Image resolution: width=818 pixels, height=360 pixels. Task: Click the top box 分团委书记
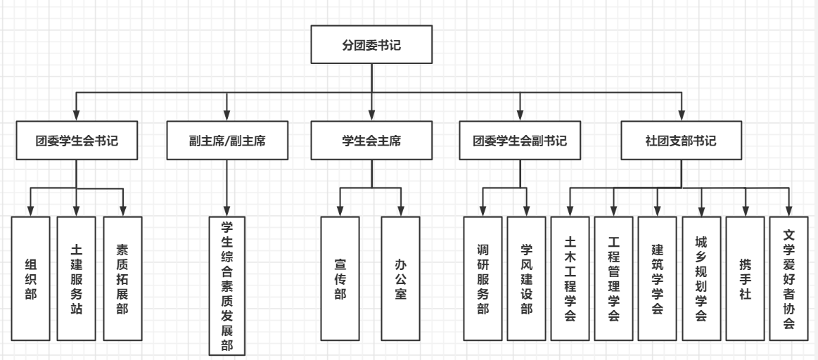371,48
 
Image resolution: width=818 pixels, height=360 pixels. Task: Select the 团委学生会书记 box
77,141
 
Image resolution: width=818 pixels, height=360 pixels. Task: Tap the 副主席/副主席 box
226,141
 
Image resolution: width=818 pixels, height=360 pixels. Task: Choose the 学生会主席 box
371,141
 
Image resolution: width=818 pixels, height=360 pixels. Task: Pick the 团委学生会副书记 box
520,141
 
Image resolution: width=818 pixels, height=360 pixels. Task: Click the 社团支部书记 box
682,141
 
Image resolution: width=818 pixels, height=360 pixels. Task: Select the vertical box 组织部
31,278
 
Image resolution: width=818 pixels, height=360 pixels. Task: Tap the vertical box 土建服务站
77,278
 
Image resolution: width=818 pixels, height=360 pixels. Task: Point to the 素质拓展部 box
122,278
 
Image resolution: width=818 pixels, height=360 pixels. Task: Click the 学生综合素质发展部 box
226,285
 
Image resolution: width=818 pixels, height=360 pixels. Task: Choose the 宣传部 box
340,278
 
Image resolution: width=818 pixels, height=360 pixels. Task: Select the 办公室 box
400,278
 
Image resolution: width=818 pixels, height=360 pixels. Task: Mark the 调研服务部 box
483,278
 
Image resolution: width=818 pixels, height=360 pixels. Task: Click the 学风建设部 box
526,278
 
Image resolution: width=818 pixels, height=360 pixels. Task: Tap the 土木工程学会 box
570,278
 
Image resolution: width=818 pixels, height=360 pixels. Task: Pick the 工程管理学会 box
613,278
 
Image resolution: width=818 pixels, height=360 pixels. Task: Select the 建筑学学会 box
657,278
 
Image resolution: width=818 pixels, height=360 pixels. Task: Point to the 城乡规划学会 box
701,278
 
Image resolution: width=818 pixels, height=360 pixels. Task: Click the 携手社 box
744,278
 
